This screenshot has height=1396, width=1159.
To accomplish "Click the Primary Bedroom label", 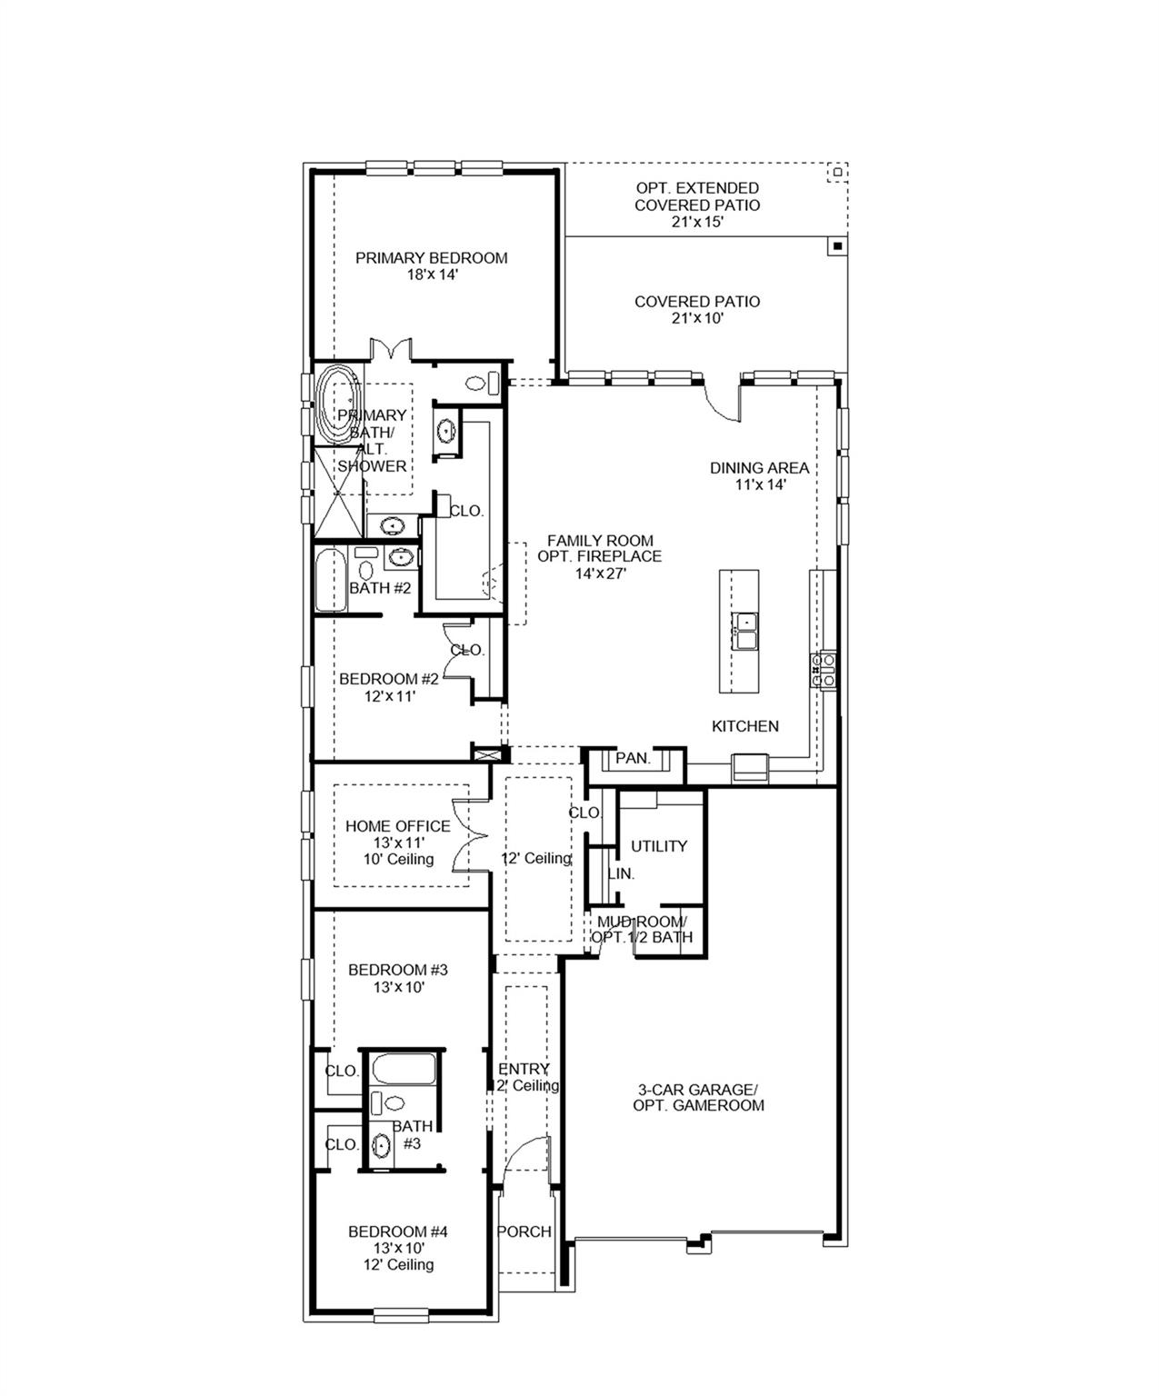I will click(x=431, y=258).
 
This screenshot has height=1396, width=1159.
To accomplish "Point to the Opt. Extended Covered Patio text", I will click(x=697, y=196).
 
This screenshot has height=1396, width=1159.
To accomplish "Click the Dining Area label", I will click(x=759, y=468).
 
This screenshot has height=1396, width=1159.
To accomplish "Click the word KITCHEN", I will click(x=744, y=726).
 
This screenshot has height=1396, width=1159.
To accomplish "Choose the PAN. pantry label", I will click(x=633, y=758).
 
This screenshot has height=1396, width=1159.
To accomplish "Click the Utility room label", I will click(x=659, y=846).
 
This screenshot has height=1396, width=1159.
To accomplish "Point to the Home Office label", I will click(x=397, y=826).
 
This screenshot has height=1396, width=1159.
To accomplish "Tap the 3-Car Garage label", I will click(x=698, y=1090).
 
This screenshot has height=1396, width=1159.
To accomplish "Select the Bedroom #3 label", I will click(x=398, y=970).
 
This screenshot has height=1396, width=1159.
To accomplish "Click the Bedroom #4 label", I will click(x=398, y=1231).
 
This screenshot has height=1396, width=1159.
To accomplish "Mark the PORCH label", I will click(x=525, y=1231).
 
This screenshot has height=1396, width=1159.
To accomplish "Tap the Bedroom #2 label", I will click(x=389, y=679).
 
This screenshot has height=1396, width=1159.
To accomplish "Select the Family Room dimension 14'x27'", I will click(x=600, y=573).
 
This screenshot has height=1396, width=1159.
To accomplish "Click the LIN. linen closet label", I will click(x=621, y=873).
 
